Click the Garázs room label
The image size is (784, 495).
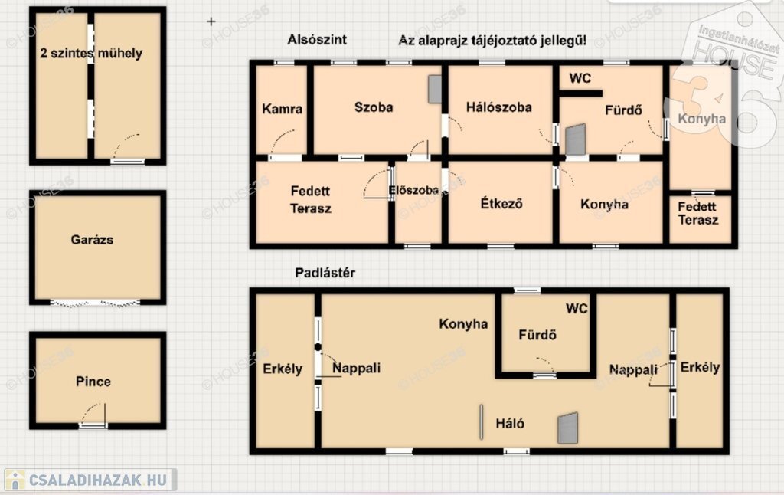click(x=92, y=240)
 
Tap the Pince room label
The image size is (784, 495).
click(x=93, y=382)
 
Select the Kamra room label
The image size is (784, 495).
click(x=282, y=109)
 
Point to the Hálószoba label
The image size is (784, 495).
click(x=498, y=107)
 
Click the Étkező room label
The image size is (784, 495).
click(x=501, y=203)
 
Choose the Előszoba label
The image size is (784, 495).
click(x=413, y=190)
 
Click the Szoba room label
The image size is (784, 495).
click(x=374, y=107)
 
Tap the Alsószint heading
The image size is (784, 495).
click(x=317, y=40)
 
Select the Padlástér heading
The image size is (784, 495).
click(x=325, y=273)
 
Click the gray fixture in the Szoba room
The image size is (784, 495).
click(x=435, y=89)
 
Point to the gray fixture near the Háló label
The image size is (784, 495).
click(x=568, y=428)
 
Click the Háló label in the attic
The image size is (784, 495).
click(x=510, y=424)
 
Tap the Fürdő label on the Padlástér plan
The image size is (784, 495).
click(x=537, y=334)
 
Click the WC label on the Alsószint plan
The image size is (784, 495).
click(x=580, y=78)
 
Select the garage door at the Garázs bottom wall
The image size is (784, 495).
click(x=95, y=303)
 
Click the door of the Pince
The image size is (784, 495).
click(x=93, y=415)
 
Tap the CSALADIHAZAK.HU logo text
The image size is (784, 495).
click(x=97, y=480)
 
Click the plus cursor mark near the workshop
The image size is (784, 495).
click(x=211, y=21)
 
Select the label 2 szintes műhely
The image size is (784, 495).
click(x=91, y=53)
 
